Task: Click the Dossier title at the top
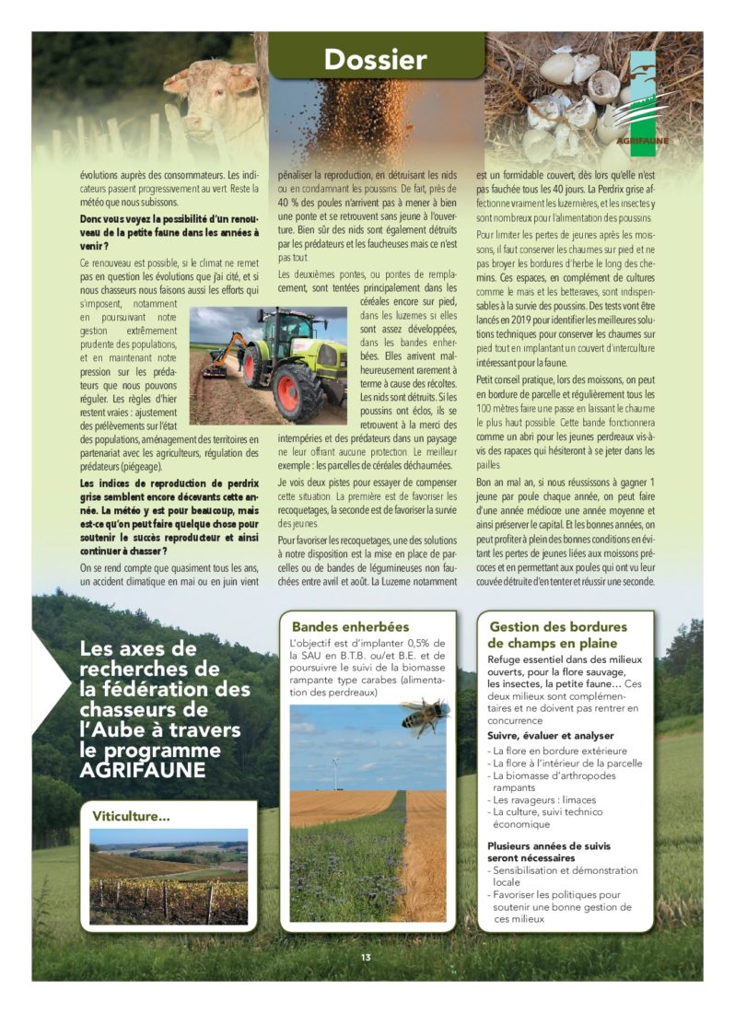coord(375,60)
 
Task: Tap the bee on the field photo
coord(425,715)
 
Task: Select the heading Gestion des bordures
coord(558,627)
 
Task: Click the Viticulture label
coord(131,815)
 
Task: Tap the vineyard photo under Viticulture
coord(169,875)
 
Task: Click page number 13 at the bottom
coord(367,957)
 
